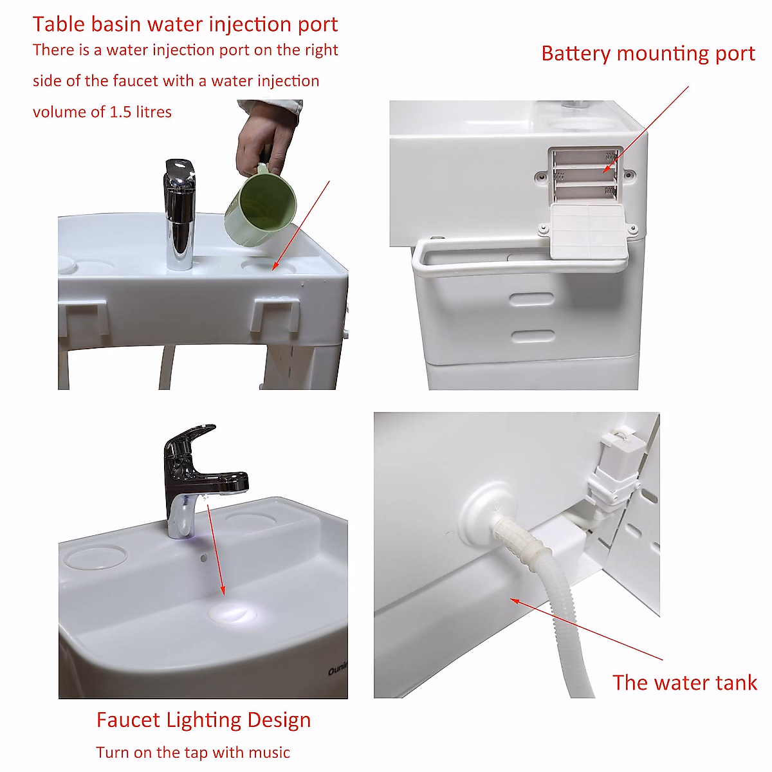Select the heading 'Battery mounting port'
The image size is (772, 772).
[648, 53]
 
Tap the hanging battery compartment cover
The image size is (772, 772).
[587, 232]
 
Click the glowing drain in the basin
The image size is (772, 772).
[232, 611]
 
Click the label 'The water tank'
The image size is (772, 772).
[685, 683]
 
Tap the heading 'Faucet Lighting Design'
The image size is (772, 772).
[203, 720]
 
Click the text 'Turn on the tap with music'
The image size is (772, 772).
[193, 752]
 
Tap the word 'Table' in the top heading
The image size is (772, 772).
[59, 24]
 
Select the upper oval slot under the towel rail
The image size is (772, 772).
[531, 299]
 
